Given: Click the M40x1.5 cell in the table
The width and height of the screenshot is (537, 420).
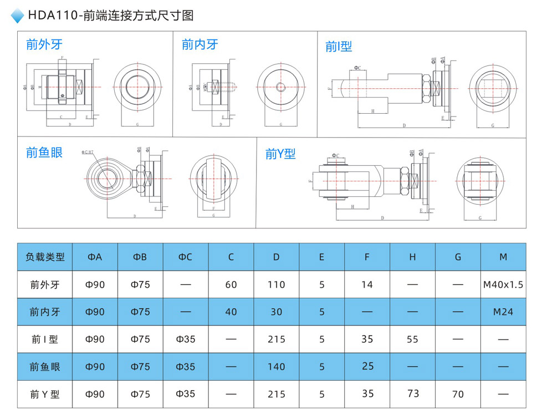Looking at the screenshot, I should (503, 285).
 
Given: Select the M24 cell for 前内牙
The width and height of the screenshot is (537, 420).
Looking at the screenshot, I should (503, 312).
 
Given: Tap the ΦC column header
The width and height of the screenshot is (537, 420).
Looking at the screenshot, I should (186, 257).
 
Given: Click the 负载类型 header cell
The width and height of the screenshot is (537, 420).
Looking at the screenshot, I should (45, 257).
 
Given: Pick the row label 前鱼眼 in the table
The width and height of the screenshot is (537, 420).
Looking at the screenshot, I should (45, 367).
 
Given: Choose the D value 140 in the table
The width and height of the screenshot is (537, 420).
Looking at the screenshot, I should (276, 367).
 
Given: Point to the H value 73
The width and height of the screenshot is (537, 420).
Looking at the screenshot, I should (413, 393).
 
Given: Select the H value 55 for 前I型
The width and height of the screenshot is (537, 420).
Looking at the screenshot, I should (412, 339).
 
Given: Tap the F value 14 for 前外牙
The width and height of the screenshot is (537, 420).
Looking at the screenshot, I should (367, 285).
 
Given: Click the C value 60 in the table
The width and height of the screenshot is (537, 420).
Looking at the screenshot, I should (231, 285).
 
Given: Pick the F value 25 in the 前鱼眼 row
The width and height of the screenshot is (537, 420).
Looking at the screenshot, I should (367, 366).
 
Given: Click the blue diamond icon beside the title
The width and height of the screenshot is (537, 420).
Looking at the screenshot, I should (18, 16).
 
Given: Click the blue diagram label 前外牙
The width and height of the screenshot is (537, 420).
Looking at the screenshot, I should (44, 45).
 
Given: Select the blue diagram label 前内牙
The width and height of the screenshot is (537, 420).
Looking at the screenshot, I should (200, 45).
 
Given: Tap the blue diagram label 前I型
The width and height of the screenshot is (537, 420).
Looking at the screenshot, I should (339, 47).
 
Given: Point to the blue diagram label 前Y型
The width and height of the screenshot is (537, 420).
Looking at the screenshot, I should (280, 154).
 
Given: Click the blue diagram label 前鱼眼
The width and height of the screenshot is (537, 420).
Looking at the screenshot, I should (44, 152).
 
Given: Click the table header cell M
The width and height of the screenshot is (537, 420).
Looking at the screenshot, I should (503, 257).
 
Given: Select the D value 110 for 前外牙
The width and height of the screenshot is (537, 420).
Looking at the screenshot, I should (276, 285).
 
